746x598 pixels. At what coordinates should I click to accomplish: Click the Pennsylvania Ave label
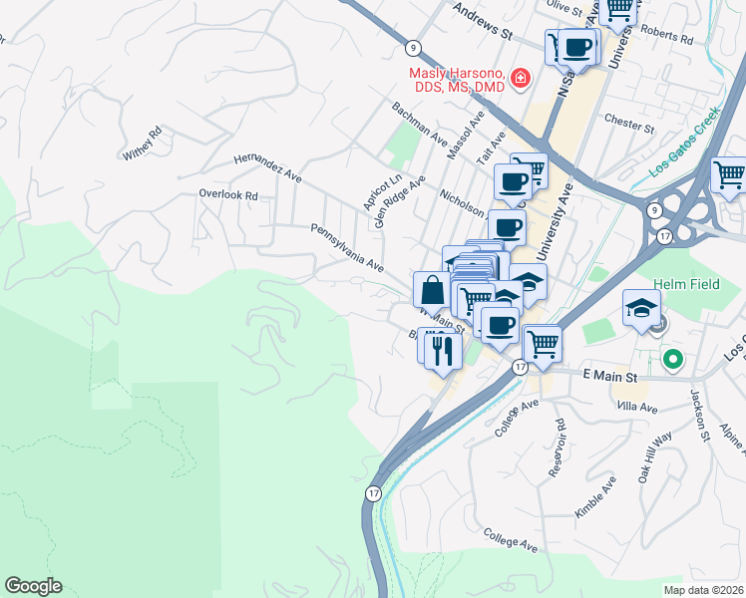pyautogui.click(x=346, y=247)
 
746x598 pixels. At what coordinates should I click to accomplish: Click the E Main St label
pyautogui.click(x=609, y=377)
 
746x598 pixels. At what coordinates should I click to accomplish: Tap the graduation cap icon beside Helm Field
pyautogui.click(x=641, y=307)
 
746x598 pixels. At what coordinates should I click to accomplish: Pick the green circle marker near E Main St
pyautogui.click(x=673, y=358)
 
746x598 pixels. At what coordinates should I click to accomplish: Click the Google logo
pyautogui.click(x=33, y=586)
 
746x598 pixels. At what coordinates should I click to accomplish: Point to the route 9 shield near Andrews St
pyautogui.click(x=411, y=47)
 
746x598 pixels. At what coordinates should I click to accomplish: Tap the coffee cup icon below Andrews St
pyautogui.click(x=577, y=46)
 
